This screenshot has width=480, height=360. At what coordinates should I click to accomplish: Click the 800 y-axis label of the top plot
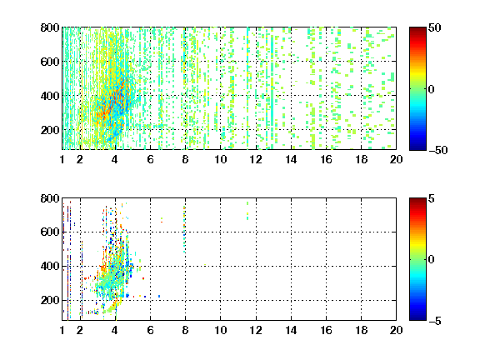[50, 27]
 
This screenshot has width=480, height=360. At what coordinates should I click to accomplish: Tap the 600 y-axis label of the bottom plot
[50, 232]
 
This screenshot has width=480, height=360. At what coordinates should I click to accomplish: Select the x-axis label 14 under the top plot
[291, 159]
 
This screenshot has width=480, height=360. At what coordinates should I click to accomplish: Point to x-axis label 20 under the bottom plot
[396, 330]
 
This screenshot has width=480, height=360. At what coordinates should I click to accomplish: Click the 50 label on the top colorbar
[435, 27]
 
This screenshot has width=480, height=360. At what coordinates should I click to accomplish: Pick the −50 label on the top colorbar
[438, 150]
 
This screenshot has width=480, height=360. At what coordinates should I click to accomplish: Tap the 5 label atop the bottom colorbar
[432, 198]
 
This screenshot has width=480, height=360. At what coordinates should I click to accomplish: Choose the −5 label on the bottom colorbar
[435, 321]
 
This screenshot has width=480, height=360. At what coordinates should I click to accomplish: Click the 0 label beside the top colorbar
[432, 89]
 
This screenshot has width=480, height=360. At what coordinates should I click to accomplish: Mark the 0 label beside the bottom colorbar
[432, 260]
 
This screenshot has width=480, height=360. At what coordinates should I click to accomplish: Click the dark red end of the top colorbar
[417, 30]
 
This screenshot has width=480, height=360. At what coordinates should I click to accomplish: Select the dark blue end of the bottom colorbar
[417, 317]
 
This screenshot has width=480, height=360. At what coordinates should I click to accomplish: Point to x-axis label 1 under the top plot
[62, 159]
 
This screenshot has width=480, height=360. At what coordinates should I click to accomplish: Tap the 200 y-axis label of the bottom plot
[50, 300]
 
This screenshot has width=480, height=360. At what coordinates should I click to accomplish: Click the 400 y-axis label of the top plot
[50, 96]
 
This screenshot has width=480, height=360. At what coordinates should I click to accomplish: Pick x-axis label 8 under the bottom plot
[185, 330]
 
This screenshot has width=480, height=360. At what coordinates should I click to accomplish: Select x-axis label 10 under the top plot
[220, 159]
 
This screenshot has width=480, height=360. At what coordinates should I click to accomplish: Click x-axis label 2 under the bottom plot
[80, 330]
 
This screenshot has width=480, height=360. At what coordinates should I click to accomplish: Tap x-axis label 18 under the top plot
[361, 159]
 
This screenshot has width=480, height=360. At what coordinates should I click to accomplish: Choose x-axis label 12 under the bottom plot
[256, 330]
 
